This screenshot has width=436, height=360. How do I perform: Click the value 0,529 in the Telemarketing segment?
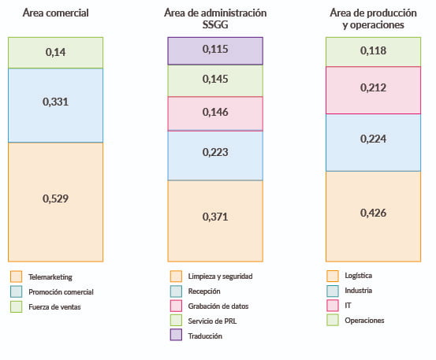point(56,199)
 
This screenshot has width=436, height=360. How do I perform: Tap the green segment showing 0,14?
point(56,53)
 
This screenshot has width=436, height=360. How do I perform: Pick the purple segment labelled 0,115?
point(215,50)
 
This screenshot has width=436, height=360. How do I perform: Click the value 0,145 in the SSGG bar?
point(215,80)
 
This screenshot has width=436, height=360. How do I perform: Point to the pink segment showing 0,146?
point(215,113)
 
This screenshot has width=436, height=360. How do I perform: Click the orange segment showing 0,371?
point(215,216)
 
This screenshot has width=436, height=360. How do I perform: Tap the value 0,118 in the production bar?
point(373,52)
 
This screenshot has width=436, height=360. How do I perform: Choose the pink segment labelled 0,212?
point(373,89)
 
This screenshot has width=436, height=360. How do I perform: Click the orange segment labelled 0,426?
point(373,213)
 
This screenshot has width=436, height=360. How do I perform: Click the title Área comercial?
point(56,13)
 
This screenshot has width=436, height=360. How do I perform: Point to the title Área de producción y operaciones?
point(373,19)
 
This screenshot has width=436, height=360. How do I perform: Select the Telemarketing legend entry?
point(50,277)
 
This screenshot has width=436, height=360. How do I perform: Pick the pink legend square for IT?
point(331,306)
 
